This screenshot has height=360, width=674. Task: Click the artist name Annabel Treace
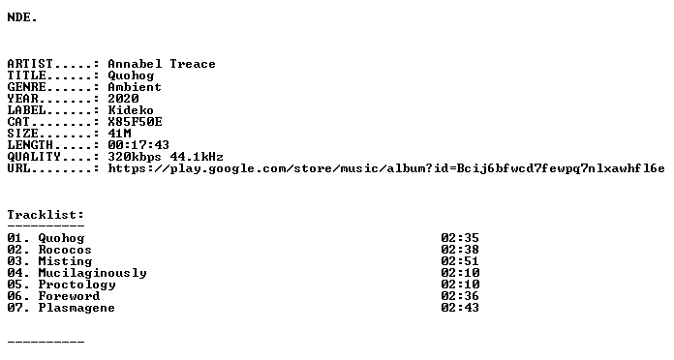161,64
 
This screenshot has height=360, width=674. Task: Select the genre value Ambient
135,87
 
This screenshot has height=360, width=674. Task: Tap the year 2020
123,99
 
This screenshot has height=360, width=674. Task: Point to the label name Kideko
131,110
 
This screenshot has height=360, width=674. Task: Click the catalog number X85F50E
135,122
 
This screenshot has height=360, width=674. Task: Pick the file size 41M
119,134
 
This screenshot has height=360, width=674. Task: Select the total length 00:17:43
138,145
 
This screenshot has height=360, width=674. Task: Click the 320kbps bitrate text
135,157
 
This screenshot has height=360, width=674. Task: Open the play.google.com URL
386,168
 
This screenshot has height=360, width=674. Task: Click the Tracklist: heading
46,215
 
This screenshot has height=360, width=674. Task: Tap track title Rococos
65,250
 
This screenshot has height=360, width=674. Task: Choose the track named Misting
65,261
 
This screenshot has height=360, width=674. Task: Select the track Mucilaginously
92,273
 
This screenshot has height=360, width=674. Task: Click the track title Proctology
77,285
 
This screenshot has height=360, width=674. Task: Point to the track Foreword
69,296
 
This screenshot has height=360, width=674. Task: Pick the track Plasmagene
77,308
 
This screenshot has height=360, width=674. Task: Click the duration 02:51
460,261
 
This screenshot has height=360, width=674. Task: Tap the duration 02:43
460,308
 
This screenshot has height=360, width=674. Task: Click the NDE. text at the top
22,17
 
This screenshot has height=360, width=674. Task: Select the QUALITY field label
34,157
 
